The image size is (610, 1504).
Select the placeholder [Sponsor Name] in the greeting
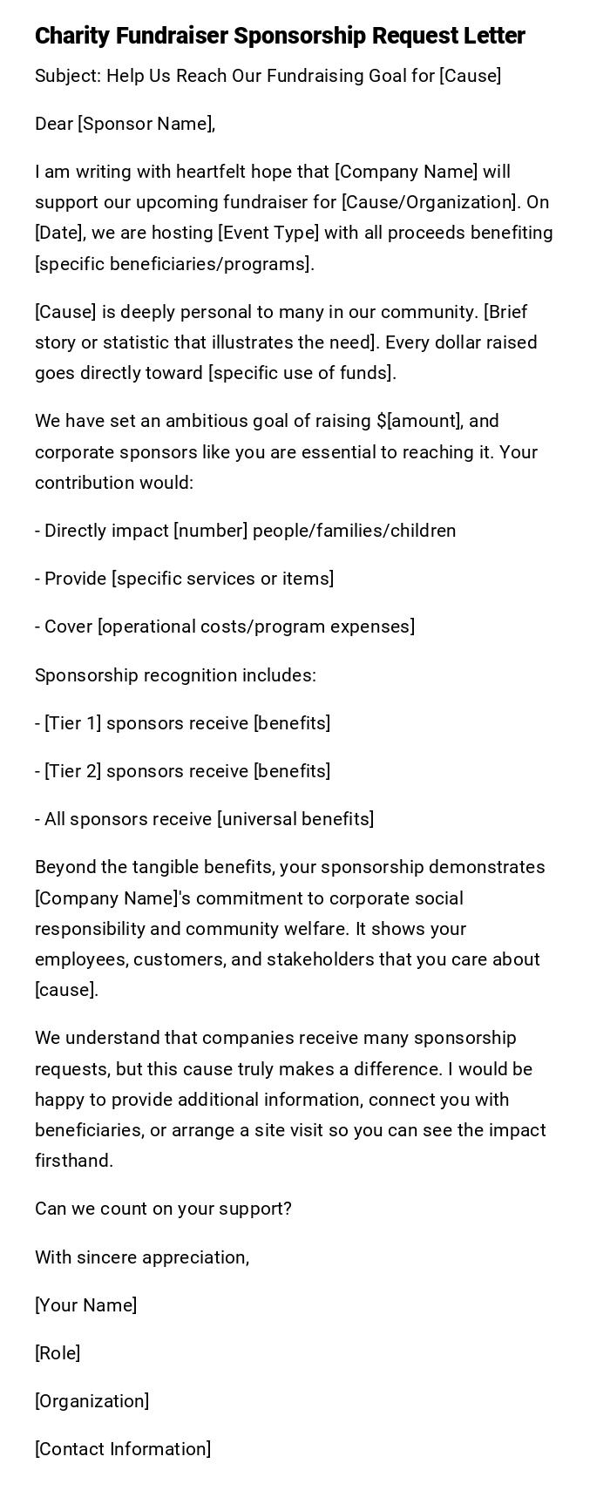[146, 124]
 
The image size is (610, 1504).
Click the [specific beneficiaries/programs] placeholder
[173, 264]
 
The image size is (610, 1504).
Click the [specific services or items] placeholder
[222, 579]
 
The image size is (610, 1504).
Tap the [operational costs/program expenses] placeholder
[255, 627]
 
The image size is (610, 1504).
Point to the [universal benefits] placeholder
[295, 819]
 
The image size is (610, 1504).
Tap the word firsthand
[74, 1161]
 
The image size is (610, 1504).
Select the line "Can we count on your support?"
[163, 1209]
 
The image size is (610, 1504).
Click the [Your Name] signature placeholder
[85, 1305]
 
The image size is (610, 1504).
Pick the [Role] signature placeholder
[58, 1353]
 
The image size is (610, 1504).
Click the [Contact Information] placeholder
[123, 1449]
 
